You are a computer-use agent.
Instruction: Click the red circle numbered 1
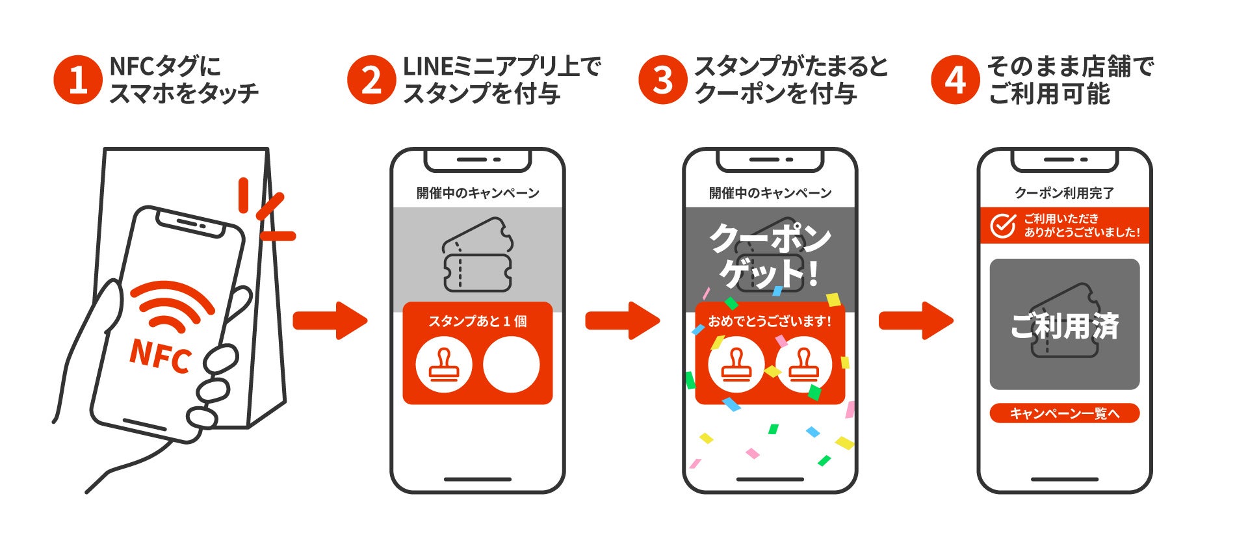[77, 80]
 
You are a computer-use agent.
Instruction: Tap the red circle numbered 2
[371, 80]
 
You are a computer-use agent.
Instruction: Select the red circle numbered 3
[663, 80]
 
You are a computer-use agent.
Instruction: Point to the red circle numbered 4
[955, 80]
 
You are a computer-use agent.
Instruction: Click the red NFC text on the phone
[161, 356]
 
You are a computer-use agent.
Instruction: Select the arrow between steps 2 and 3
[623, 320]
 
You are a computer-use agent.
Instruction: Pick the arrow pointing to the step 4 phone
[916, 320]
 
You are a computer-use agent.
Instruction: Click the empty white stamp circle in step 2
[511, 365]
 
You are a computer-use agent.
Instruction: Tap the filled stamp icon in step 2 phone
[444, 365]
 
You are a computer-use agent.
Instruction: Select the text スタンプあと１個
[478, 321]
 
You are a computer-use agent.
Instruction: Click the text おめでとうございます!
[770, 321]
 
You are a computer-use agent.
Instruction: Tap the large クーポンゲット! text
[770, 255]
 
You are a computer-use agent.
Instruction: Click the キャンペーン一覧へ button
[1064, 413]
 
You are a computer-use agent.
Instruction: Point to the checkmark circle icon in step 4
[1003, 226]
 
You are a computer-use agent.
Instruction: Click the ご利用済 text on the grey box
[1064, 326]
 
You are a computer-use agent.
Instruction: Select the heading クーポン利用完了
[1064, 193]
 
